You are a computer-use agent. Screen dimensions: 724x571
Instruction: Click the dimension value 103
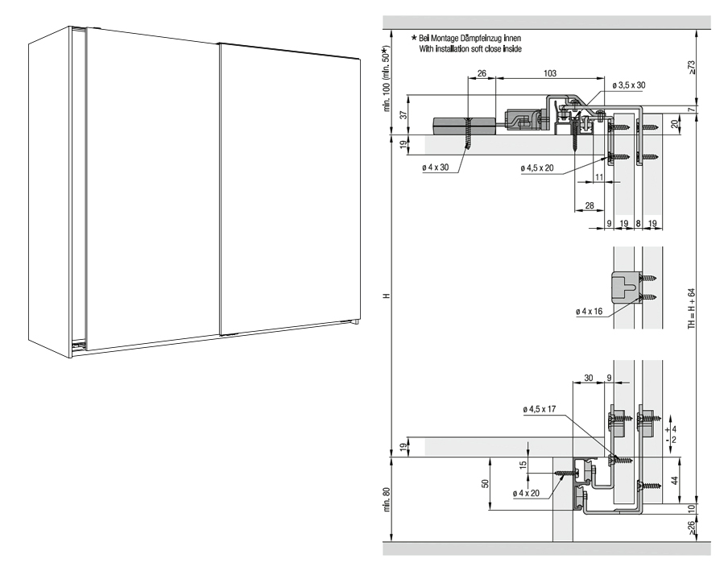tap(550, 73)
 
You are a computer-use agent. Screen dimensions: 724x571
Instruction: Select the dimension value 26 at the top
tap(482, 73)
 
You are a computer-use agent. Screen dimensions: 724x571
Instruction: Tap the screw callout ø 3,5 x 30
tap(629, 85)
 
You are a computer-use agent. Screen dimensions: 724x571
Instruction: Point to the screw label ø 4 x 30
tap(435, 167)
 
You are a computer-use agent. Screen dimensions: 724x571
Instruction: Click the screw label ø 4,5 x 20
tap(537, 168)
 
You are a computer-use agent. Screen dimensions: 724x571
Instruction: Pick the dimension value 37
tap(403, 115)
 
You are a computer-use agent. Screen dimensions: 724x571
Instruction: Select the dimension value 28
tap(590, 205)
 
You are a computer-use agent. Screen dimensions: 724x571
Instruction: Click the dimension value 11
tap(599, 177)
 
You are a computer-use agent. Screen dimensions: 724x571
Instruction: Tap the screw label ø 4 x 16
tap(590, 312)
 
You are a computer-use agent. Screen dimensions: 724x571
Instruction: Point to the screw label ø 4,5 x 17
tap(540, 409)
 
